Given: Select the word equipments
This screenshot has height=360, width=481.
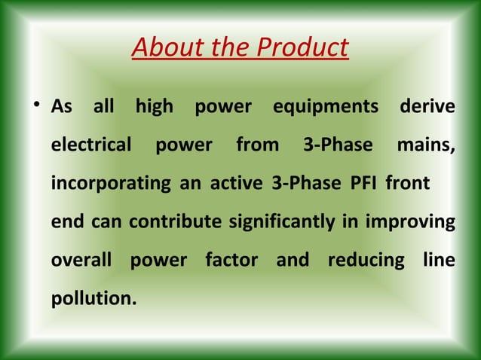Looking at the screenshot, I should point(326,106).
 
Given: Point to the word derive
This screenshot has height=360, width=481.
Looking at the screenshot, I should point(427,106).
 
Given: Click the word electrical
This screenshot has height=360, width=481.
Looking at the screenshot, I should point(91,145).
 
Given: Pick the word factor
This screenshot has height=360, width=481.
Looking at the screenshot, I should point(231,261).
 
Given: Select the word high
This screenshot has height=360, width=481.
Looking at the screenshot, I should point(154,106).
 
